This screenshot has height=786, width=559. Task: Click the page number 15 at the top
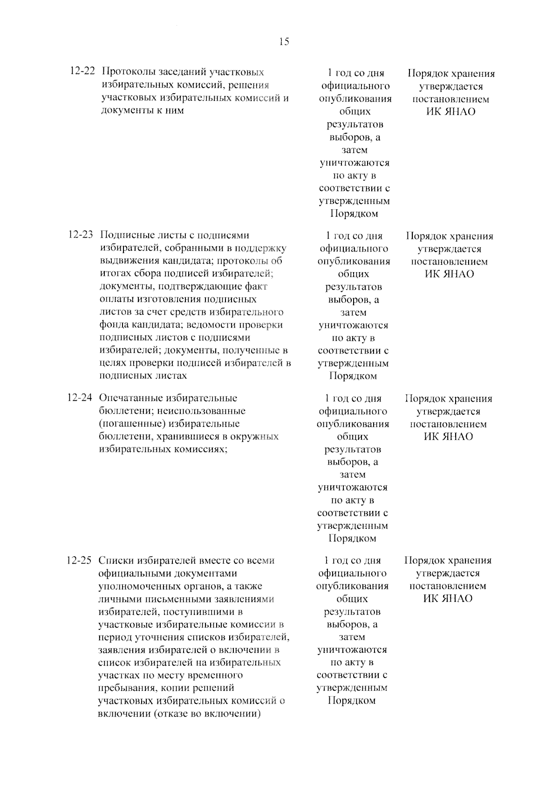[x=284, y=42]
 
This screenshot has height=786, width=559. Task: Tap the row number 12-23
[x=81, y=235]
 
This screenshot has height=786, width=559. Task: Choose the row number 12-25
[x=80, y=560]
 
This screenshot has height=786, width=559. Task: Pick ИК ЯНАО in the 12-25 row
[x=448, y=599]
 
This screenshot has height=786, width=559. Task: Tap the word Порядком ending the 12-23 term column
[x=353, y=376]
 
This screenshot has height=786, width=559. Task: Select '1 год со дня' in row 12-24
[x=353, y=398]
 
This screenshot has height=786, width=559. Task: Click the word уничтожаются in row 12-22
[x=354, y=163]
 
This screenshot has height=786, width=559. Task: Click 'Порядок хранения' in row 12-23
[x=450, y=236]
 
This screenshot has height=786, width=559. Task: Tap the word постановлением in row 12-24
[x=448, y=424]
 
